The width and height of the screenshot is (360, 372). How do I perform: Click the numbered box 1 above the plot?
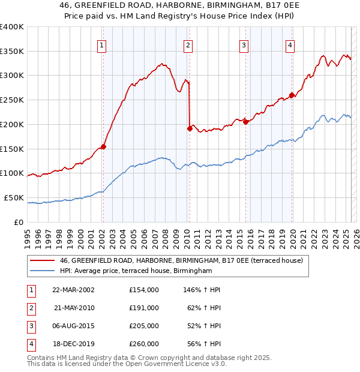tap(102, 44)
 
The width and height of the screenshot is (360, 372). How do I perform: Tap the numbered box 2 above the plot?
tap(188, 44)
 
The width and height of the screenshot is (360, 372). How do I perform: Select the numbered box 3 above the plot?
tap(244, 44)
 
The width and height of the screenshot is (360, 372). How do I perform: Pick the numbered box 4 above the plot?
tap(290, 44)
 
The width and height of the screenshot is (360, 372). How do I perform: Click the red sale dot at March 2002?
tap(103, 146)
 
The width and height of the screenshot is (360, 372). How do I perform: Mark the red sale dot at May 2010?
tap(190, 128)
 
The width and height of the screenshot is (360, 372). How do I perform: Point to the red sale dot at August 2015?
tap(245, 122)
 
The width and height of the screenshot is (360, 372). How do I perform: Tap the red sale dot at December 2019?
tap(292, 95)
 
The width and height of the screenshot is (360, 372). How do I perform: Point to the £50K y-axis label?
tap(14, 197)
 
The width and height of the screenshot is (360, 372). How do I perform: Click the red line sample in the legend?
tap(42, 260)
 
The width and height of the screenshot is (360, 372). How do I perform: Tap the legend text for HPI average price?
tap(136, 271)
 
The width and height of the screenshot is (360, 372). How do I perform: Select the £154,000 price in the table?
tap(144, 290)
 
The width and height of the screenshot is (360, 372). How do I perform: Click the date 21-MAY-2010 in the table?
tap(74, 308)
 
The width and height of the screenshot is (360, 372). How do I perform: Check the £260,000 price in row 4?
tap(144, 344)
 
